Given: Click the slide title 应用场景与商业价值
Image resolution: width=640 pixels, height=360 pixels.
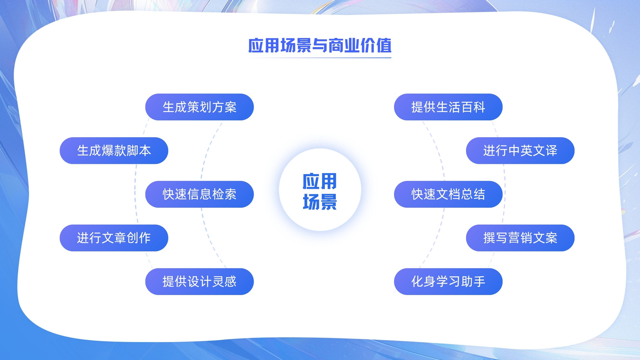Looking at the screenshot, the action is point(320,46).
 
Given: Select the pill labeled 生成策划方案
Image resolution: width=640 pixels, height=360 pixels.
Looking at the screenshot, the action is point(200,107).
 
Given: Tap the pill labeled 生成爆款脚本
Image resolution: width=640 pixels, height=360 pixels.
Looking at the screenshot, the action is point(114,150).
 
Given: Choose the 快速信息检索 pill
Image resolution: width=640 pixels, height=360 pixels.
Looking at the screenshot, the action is point(200,194).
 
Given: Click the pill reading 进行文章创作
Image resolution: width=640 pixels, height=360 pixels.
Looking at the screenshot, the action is point(114,238).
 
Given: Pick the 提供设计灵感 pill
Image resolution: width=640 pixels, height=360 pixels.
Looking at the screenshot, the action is point(200,282).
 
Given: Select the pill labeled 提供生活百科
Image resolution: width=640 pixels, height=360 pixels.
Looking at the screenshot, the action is point(448,107).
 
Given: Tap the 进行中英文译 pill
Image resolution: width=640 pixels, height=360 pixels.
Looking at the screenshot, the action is point(520,150).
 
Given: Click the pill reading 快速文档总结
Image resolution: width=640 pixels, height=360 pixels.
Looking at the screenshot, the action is point(448,194).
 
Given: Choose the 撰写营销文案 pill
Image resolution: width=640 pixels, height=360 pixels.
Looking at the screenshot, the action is point(520,238).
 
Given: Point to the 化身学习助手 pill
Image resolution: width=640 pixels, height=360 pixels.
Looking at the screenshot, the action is point(448,282).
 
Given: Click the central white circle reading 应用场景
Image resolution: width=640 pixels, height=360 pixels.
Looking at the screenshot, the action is point(320,190).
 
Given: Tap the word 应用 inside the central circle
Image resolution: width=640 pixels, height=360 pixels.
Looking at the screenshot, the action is point(320,181).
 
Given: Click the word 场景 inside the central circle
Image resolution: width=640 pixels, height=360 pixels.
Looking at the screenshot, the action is point(320,202).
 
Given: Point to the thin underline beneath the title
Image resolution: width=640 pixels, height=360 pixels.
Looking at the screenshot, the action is point(320,58).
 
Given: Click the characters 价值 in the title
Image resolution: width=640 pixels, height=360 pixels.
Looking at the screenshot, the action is point(376,46).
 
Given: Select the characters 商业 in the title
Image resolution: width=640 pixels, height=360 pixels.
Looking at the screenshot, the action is point(344,46).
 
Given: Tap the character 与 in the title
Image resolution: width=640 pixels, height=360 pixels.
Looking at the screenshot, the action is point(320,46).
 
